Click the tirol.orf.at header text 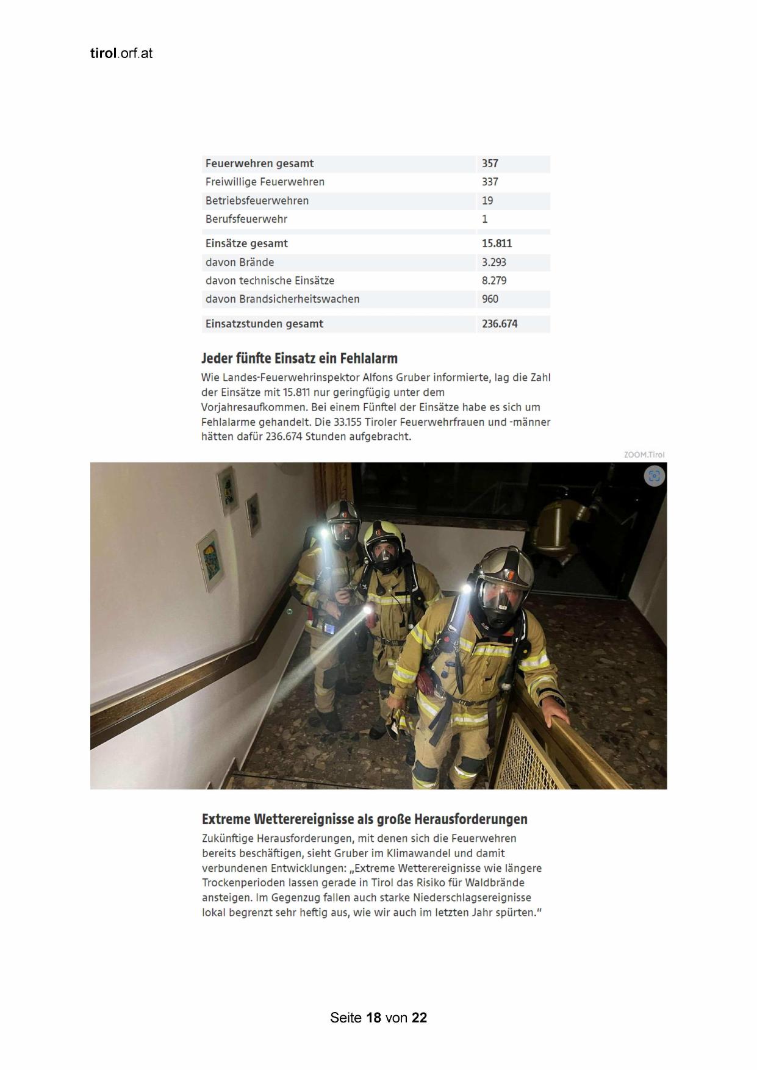click(121, 54)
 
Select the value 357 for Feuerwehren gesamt click(490, 163)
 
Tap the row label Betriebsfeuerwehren click(257, 201)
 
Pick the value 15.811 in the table click(497, 243)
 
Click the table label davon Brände click(240, 262)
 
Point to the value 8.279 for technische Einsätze click(493, 281)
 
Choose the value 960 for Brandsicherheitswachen click(490, 299)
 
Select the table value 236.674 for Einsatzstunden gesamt click(499, 324)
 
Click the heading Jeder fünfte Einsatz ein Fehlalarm click(300, 358)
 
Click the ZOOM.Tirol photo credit click(644, 454)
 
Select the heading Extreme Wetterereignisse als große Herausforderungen click(364, 819)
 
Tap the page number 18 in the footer click(373, 1018)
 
